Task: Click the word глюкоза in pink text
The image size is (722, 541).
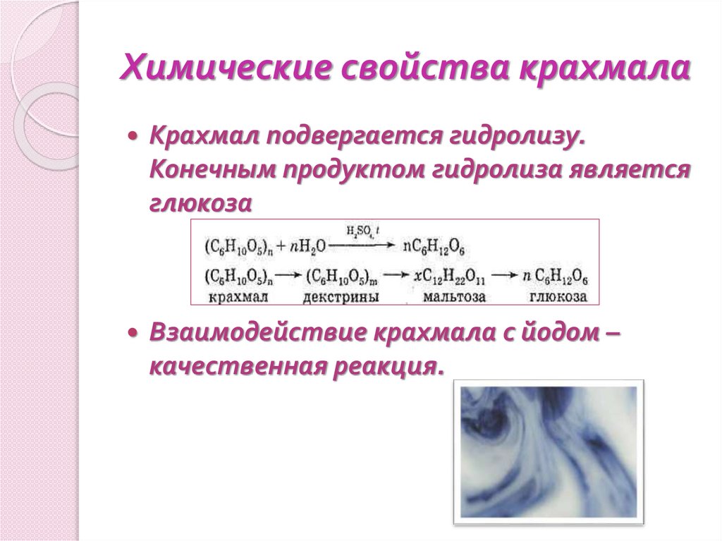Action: (x=200, y=202)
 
